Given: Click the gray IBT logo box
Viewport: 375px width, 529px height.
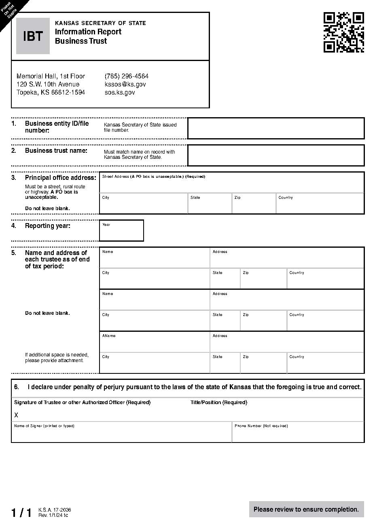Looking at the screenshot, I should coord(33,36).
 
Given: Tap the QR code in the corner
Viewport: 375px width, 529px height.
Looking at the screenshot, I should coord(343,32).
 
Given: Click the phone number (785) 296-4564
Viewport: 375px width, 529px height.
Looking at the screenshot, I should coord(126,76).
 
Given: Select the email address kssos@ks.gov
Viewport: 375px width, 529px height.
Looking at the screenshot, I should coord(125,84).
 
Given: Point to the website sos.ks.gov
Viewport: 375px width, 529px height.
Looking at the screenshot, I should coord(119,92).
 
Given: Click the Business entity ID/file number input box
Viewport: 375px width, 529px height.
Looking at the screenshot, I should coord(276,128).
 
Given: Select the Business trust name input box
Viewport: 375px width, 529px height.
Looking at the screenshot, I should coord(276,155).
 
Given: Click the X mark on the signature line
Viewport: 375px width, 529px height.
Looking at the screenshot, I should coord(16,415).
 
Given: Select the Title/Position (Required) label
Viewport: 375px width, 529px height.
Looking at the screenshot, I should coord(218,403).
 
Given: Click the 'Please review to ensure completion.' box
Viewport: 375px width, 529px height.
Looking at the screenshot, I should coord(306,509).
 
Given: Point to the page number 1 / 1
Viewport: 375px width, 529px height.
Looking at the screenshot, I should coord(21,513).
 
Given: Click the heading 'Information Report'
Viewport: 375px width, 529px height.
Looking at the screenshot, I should coord(88,32).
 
